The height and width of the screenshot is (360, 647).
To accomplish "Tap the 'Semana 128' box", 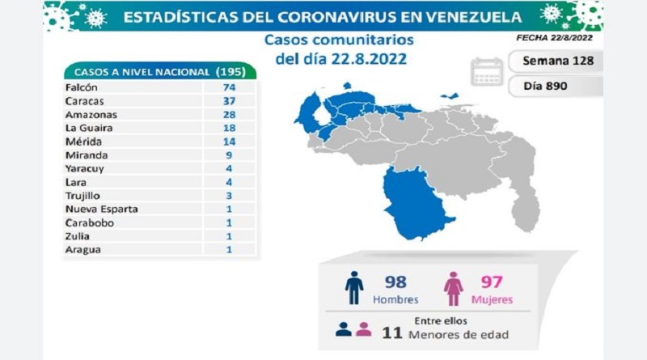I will pos(557,61).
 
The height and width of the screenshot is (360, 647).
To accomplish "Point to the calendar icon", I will pos(488,71).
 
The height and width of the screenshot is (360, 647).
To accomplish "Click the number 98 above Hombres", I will pos(394,282).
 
